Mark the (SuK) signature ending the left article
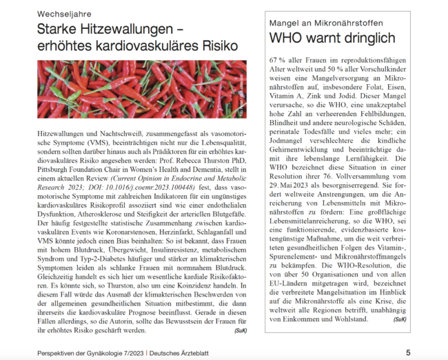tap(239, 330)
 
